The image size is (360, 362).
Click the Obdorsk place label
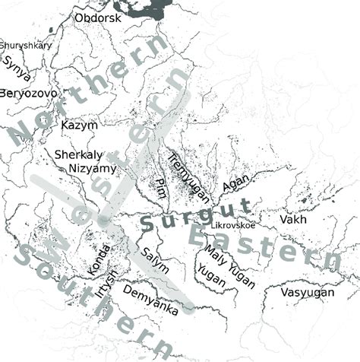coord(97,17)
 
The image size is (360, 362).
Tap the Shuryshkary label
coord(26,46)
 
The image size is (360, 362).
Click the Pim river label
coord(160,189)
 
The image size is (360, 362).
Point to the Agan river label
coord(235,184)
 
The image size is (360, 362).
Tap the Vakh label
coord(293,219)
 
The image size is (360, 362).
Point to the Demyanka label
coord(150,300)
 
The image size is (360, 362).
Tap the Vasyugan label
coord(307,293)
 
